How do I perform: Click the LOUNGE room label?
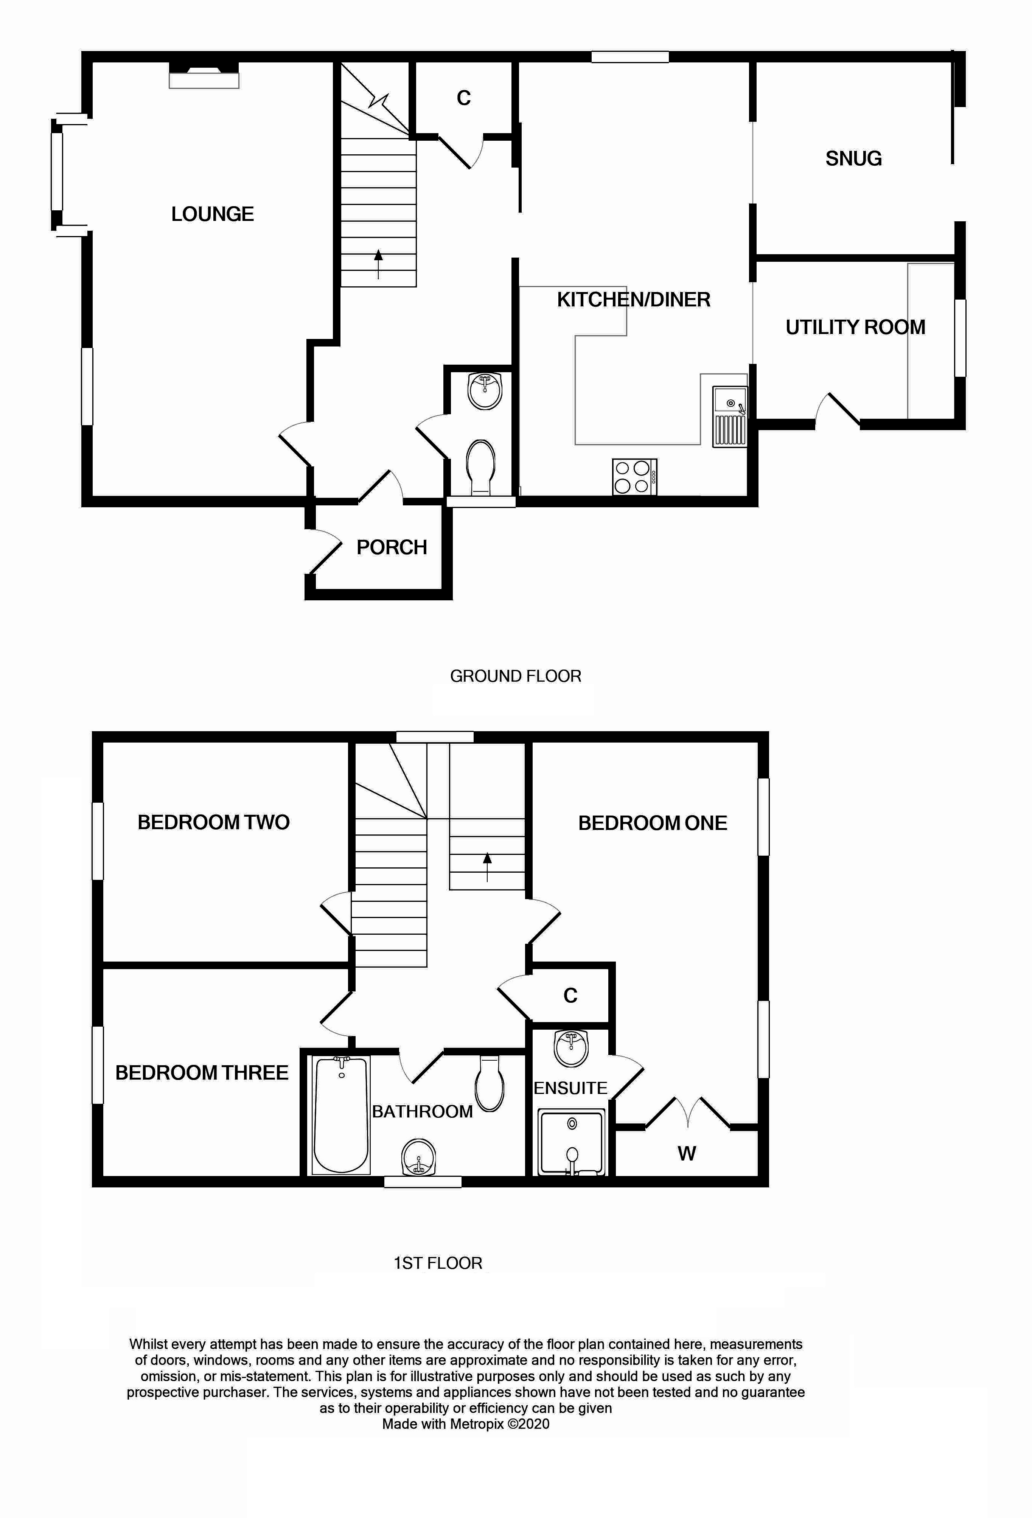212,214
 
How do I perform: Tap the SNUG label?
854,159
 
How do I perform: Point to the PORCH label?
392,547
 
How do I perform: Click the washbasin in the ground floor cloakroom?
485,391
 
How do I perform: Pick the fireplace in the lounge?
204,75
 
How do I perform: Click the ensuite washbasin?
571,1048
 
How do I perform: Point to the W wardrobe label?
687,1153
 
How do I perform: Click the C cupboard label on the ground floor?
464,98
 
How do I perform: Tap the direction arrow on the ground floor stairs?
378,264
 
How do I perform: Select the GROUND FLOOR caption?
515,676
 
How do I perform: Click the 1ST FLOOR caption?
438,1263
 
